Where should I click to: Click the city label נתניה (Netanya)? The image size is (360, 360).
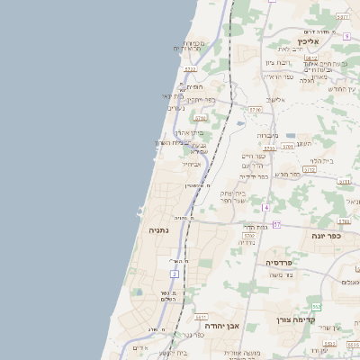(158, 231)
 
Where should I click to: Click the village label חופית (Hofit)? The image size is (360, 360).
(193, 86)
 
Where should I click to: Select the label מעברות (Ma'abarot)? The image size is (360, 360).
(266, 135)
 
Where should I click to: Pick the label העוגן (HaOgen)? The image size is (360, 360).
(303, 143)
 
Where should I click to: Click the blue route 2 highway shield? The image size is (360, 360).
(173, 273)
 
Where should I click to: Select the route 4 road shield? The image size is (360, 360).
(266, 207)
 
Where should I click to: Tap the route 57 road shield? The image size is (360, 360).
(277, 224)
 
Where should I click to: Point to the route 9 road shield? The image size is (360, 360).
(346, 36)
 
